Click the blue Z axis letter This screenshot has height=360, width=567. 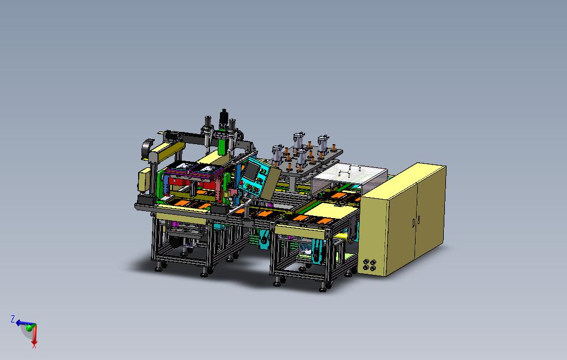pos(12,319)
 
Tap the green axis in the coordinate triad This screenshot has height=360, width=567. pos(28,327)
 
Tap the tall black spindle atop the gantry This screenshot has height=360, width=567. pos(224,118)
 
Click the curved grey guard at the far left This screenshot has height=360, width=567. pos(147,149)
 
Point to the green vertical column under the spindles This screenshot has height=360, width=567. pos(222,145)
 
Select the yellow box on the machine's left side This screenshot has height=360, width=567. pos(143,179)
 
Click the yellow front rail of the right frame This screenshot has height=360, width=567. pos(301,229)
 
